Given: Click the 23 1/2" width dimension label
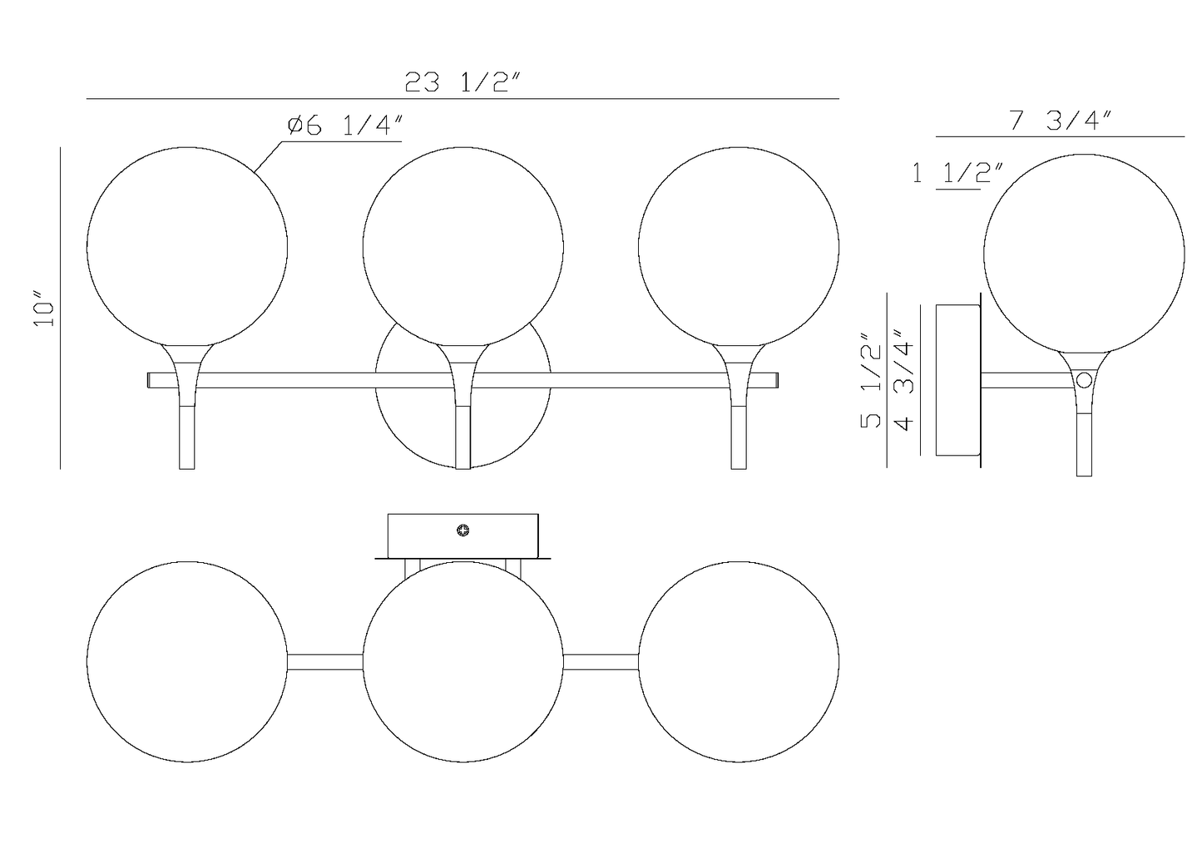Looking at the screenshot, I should point(462,82).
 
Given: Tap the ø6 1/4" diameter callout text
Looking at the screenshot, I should point(345,126).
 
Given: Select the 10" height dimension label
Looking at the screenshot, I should point(44,309).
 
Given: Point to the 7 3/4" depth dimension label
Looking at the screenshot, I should point(1060,121).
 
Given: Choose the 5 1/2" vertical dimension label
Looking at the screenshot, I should point(870,380).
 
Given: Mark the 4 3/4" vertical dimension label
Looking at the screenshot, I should point(903,380).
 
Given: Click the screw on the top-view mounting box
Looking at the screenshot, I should point(463,530).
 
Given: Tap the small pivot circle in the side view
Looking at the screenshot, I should point(1084,381).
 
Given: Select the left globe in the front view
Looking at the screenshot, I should point(187,247).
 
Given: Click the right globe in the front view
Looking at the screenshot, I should point(739,247).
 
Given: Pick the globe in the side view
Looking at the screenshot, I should point(1084,254).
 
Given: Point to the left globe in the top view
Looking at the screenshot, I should point(187,662).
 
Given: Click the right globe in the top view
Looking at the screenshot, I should point(739,662).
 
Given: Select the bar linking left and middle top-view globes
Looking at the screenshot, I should point(325,662).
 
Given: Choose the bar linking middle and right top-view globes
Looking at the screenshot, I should point(601,662).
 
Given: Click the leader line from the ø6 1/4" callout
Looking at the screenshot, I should point(268,157).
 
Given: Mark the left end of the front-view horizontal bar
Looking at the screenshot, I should point(151,380).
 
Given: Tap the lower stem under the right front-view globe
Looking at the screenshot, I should point(739,437).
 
